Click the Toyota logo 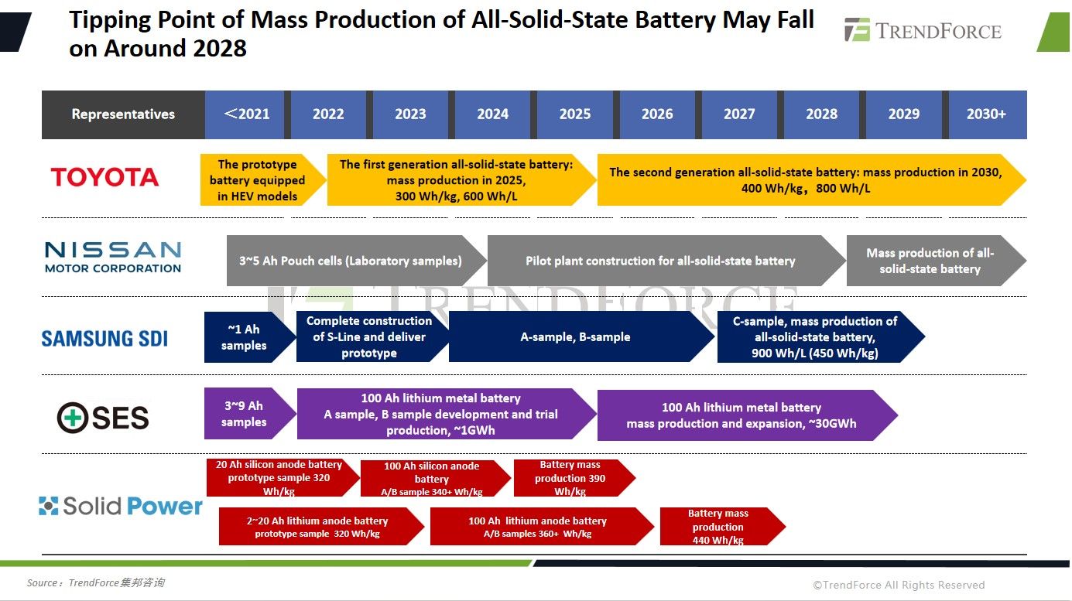coord(104,177)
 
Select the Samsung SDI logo coord(104,338)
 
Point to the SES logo coord(103,418)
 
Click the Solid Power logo coord(121,507)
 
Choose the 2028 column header coord(821,114)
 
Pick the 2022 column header coord(328,114)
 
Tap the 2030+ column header coord(986,114)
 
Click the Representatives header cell coord(123,114)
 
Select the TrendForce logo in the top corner coord(923,30)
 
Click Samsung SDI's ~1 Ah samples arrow coord(245,337)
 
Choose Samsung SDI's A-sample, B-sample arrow coord(577,337)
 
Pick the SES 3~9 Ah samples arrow coord(245,414)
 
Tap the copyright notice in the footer coord(899,585)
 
